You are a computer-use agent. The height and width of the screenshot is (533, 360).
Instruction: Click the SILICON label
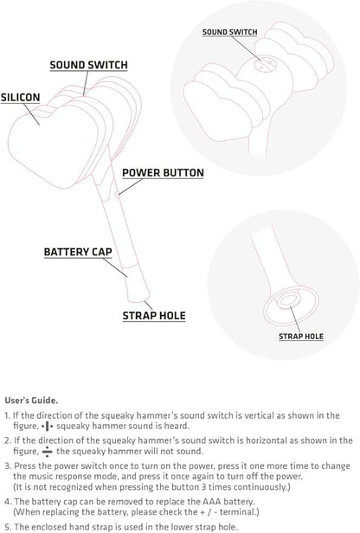coord(20,98)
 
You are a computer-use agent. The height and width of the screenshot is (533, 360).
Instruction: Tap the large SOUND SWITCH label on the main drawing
coord(89,65)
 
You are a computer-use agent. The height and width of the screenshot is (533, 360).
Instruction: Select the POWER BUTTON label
coord(163,173)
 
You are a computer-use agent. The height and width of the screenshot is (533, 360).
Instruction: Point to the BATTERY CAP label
coord(78,252)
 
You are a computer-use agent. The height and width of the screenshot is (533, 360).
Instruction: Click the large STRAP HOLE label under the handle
coord(154,316)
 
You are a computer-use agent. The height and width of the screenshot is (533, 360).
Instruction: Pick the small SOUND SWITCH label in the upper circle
coord(230,32)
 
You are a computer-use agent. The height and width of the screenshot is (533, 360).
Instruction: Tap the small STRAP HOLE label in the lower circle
coord(301,337)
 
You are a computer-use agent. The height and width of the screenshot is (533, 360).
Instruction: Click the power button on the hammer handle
coord(117,195)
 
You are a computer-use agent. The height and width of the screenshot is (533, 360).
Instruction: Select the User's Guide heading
coord(31,400)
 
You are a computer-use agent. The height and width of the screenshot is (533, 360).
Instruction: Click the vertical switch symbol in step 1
coord(47,426)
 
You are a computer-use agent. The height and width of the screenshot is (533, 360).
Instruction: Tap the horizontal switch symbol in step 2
coord(48,452)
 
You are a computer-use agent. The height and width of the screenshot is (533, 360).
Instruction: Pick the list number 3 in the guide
coord(7,466)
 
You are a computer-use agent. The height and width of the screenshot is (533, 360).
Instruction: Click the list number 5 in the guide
coord(8,527)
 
